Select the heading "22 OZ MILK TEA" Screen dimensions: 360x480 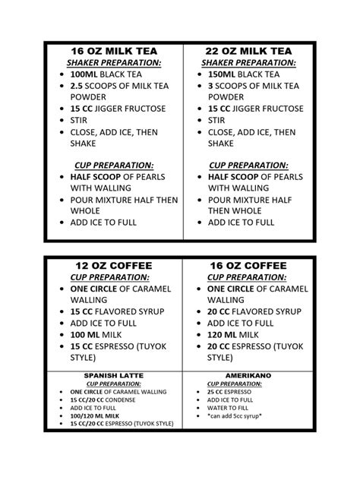(x=248, y=50)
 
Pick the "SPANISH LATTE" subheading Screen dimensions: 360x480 (x=112, y=375)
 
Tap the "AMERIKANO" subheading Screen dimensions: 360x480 (x=248, y=375)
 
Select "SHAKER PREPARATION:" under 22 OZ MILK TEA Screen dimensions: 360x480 (x=248, y=62)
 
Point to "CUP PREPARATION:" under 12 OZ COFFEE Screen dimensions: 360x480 (x=111, y=277)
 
